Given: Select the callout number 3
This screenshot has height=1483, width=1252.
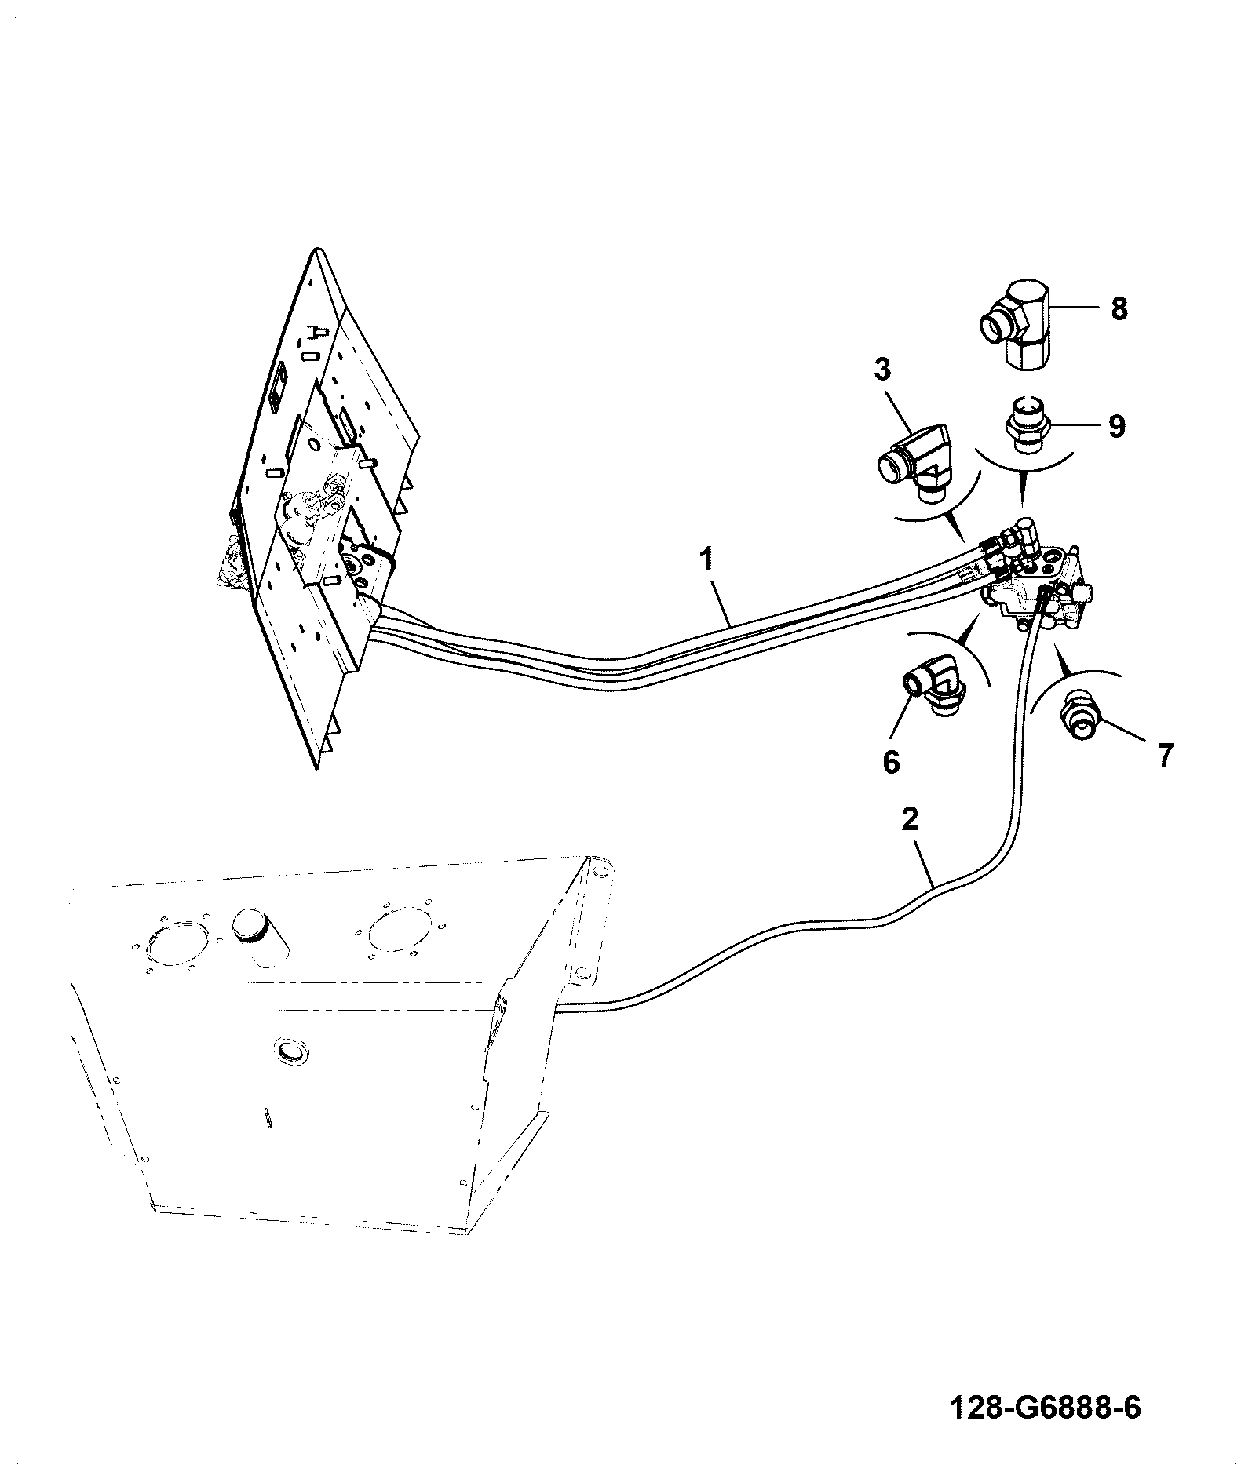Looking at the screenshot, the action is pos(883,369).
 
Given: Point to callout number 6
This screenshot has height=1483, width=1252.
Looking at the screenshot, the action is pos(891,760).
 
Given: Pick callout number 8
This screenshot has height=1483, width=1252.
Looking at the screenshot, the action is pos(1119,308).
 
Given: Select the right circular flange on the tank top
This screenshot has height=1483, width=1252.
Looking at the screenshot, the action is pos(400,931).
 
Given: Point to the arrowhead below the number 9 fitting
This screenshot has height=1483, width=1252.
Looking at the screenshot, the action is pos(1022,491).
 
